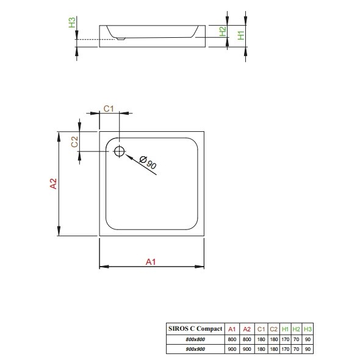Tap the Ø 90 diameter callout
tap(148, 162)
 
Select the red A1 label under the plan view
tap(151, 262)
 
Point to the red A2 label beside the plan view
tap(53, 184)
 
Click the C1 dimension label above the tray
tap(109, 109)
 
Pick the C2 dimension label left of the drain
tap(74, 142)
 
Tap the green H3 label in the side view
tap(72, 22)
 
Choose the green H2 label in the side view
tap(223, 31)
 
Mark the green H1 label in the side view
tap(241, 35)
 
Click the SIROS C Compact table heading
tap(195, 328)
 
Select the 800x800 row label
tap(195, 339)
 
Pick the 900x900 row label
tap(195, 349)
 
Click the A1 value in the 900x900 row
tap(232, 349)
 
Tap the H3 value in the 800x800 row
tap(308, 339)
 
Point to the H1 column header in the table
tap(285, 329)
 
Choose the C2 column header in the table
tap(273, 329)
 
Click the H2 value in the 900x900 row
tap(296, 349)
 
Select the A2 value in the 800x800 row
tap(247, 339)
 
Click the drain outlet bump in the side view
tap(121, 39)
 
